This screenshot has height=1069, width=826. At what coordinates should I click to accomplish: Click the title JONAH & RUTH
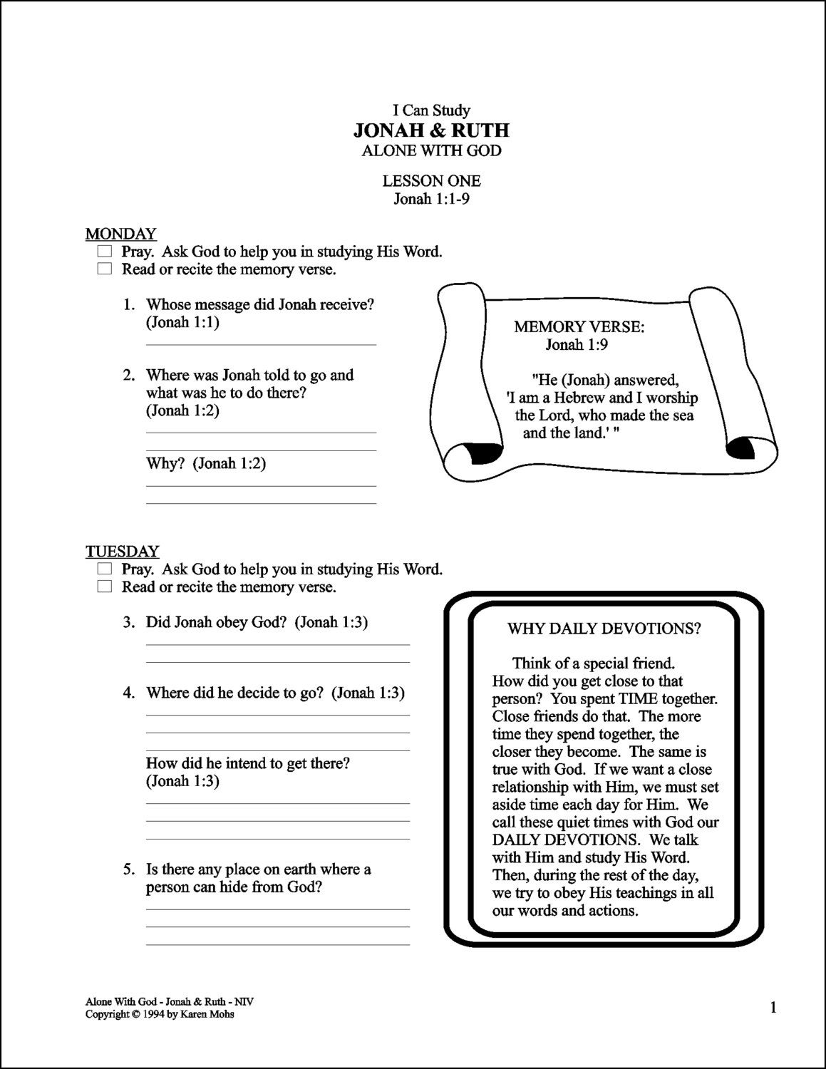(x=431, y=130)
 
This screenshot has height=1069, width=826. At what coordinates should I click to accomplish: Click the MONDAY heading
(x=120, y=234)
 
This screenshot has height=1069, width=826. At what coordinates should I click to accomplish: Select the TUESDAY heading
(x=122, y=552)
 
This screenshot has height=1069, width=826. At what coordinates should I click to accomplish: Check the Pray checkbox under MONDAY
(x=105, y=252)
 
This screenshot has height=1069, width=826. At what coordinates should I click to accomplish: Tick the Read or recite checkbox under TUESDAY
(x=105, y=587)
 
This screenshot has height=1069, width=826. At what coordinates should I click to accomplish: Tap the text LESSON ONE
(x=431, y=181)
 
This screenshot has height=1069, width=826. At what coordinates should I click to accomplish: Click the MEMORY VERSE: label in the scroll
(x=579, y=327)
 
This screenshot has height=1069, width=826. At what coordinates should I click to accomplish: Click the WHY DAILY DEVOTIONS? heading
(x=604, y=629)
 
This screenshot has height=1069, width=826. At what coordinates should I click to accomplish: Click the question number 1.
(x=128, y=305)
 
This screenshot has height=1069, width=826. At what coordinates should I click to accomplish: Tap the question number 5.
(x=128, y=869)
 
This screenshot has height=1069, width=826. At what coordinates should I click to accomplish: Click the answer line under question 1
(x=261, y=345)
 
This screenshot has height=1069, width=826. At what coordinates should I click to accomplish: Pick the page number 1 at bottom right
(x=773, y=1007)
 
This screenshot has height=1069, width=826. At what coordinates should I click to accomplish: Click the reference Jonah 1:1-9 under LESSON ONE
(x=431, y=199)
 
